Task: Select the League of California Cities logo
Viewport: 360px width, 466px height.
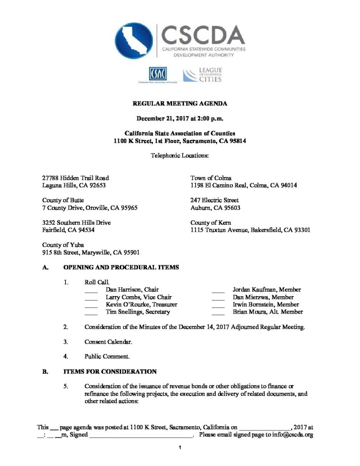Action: (203, 75)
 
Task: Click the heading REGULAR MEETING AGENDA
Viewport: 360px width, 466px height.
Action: (180, 104)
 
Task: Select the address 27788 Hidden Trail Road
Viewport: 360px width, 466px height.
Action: (75, 178)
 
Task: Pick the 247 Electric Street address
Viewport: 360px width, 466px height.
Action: (214, 200)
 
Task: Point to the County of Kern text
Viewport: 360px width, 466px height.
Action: (211, 223)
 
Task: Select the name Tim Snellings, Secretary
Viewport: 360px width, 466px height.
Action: (137, 312)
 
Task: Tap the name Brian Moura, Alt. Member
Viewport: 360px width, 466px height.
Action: (268, 312)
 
